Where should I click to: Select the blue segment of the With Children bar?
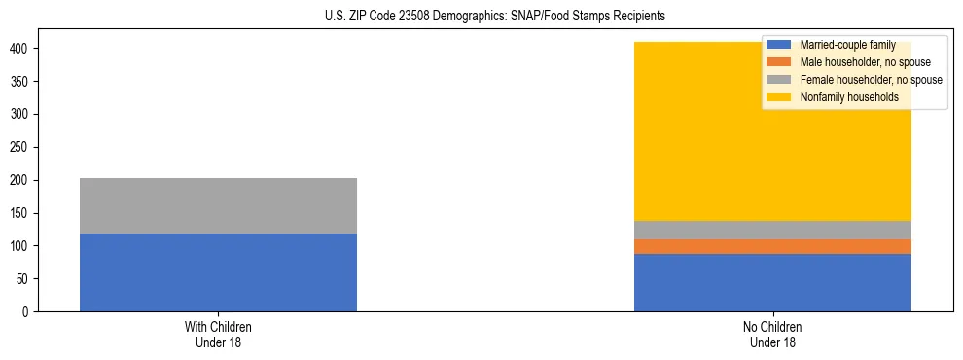pyautogui.click(x=218, y=272)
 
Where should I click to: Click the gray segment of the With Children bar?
pyautogui.click(x=218, y=205)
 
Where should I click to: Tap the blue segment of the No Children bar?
pyautogui.click(x=772, y=283)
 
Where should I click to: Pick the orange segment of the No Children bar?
pyautogui.click(x=772, y=247)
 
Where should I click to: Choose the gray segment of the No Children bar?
pyautogui.click(x=772, y=230)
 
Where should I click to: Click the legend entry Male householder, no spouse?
pyautogui.click(x=865, y=62)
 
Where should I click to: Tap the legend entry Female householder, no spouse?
pyautogui.click(x=871, y=80)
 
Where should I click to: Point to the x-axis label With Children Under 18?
pyautogui.click(x=218, y=334)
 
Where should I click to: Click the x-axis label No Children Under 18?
pyautogui.click(x=772, y=334)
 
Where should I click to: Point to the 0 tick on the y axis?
pyautogui.click(x=27, y=312)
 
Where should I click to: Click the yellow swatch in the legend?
pyautogui.click(x=779, y=97)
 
